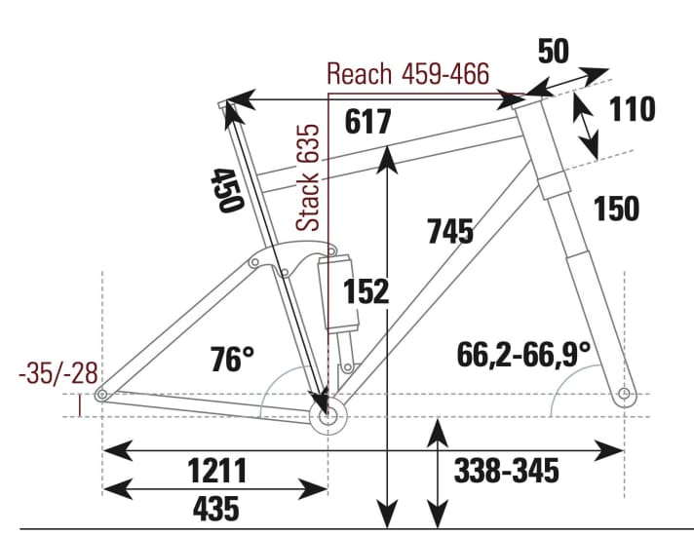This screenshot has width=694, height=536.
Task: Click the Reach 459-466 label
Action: pos(407,74)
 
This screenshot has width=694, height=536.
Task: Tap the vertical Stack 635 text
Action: pos(309,177)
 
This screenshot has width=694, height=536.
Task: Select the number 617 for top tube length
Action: pos(368,122)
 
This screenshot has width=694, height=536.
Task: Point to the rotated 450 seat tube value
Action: pos(225,190)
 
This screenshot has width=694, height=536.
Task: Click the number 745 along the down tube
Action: pos(449,231)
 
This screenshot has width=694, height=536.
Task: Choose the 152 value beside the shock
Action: pos(366,290)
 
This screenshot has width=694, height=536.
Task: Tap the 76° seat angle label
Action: pos(232,360)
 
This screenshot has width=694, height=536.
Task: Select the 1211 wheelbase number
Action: pos(217,471)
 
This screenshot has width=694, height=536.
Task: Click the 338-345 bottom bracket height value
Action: pos(507,472)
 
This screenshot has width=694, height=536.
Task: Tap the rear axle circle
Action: pos(101,395)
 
